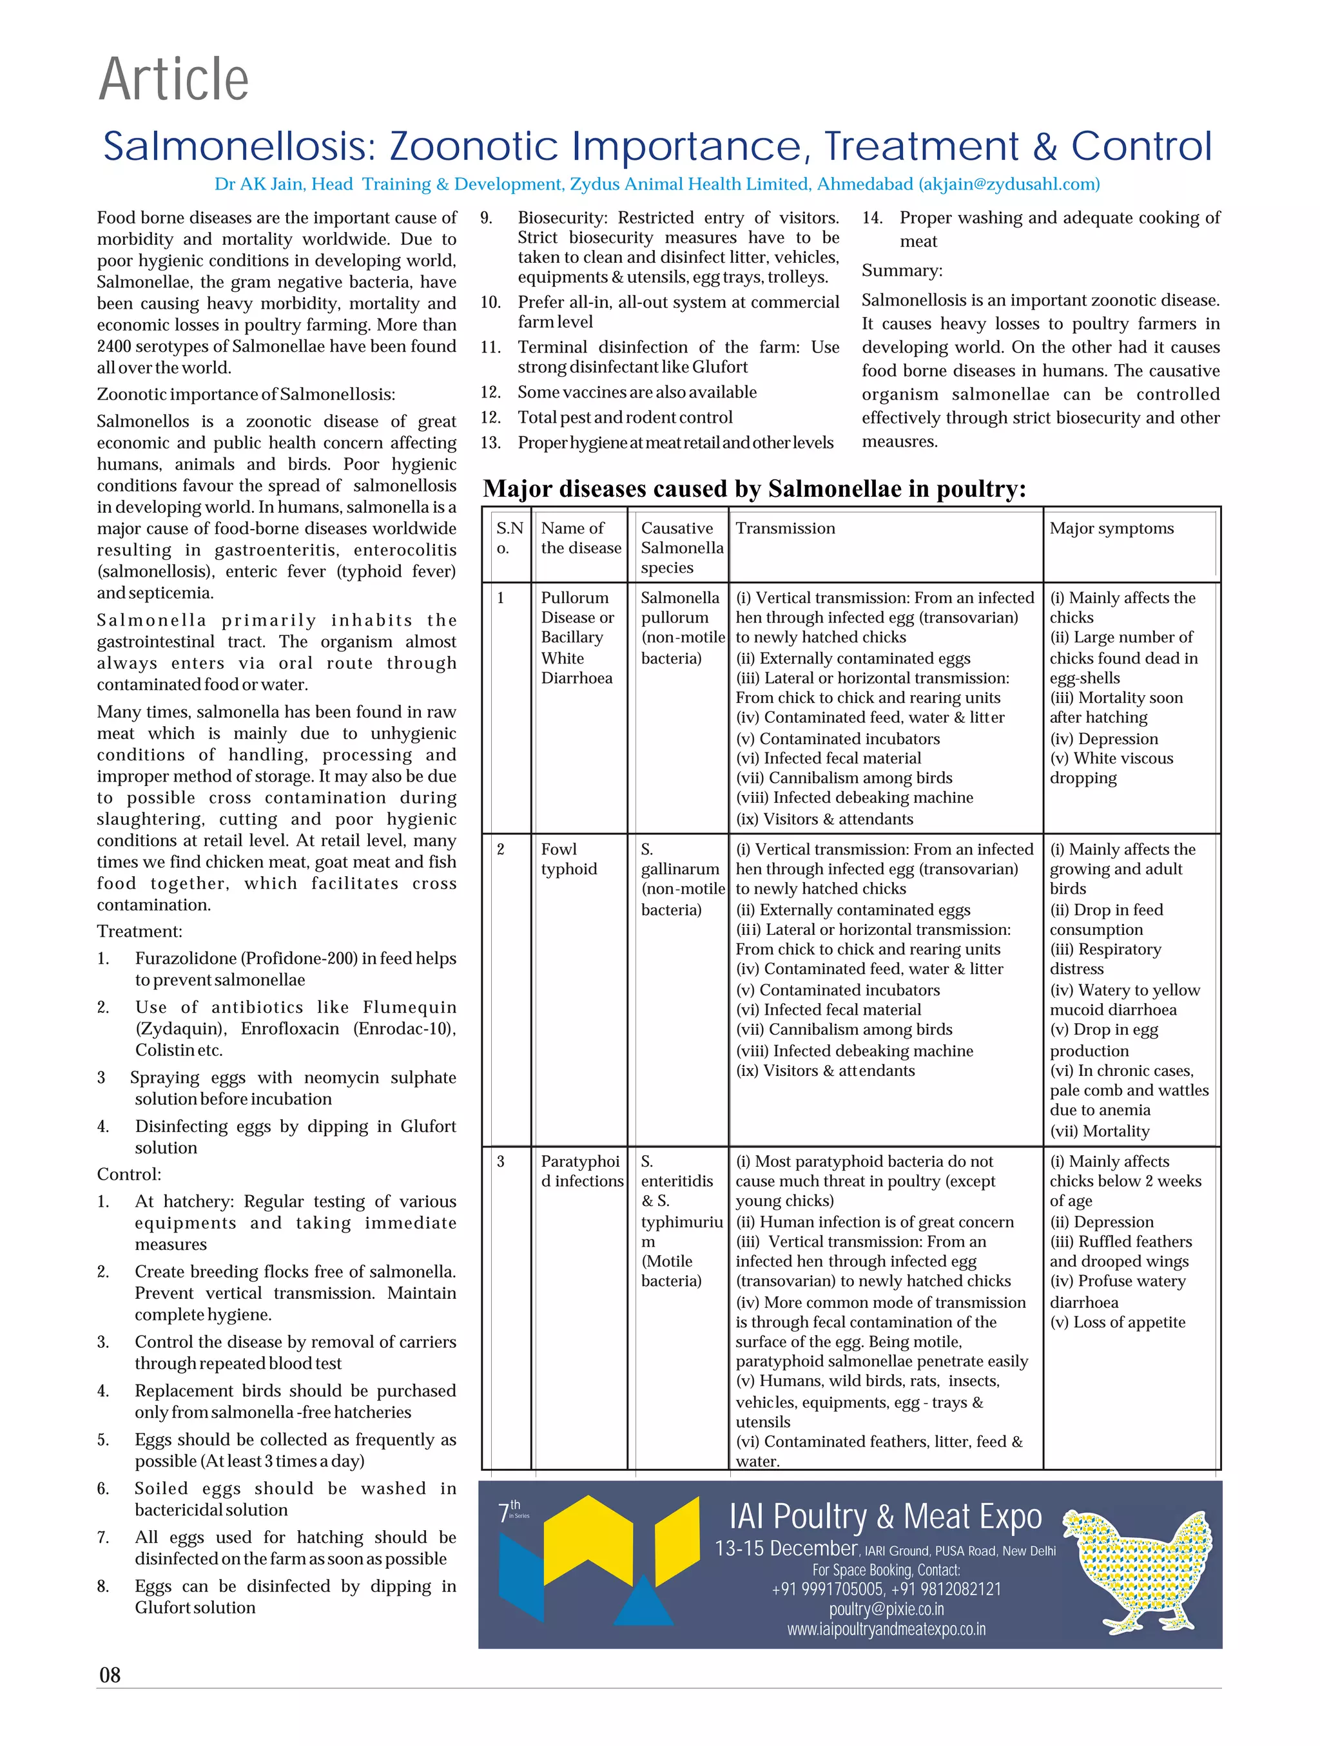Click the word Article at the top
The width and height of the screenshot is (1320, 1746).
click(x=173, y=79)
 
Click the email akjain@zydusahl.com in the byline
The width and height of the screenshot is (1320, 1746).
click(x=1008, y=184)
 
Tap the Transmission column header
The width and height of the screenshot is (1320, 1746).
click(x=785, y=528)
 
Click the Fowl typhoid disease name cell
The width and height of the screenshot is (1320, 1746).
click(x=568, y=859)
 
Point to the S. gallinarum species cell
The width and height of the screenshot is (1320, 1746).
click(x=679, y=879)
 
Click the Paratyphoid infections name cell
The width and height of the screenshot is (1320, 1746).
click(x=581, y=1171)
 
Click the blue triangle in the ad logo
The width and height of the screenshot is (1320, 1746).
click(x=643, y=1603)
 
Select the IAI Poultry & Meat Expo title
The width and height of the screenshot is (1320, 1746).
click(x=885, y=1515)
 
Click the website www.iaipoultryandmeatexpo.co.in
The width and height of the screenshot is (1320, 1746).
click(x=886, y=1628)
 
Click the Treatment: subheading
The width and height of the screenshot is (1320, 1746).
click(x=139, y=932)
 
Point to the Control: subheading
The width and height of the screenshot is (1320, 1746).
click(x=129, y=1175)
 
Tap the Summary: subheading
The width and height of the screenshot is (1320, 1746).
click(x=902, y=271)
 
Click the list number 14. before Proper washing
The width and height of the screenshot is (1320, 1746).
click(x=871, y=218)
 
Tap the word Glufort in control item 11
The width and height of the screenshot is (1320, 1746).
click(x=719, y=367)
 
